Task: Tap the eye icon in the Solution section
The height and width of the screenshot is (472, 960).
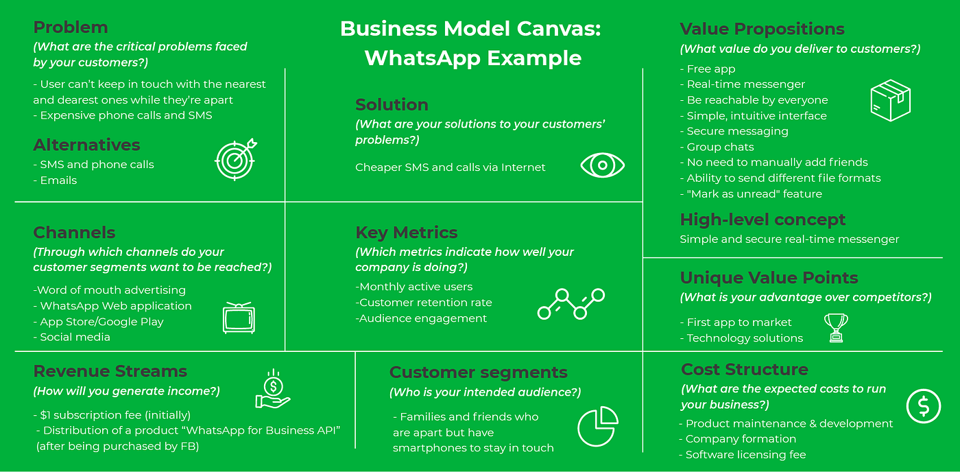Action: pos(603,165)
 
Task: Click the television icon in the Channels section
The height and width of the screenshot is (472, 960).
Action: pos(239,318)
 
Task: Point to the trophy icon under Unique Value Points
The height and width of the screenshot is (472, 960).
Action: pos(835,327)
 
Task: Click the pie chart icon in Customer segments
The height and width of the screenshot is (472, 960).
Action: pos(597,425)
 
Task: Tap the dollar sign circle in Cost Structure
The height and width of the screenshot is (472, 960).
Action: pos(923,406)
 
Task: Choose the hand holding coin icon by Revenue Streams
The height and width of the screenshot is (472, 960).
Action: pos(272,390)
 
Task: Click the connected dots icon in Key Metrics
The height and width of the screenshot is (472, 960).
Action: pos(571,304)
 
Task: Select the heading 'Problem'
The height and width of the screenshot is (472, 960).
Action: pos(71,27)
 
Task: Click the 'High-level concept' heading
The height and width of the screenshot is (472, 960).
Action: pos(763,220)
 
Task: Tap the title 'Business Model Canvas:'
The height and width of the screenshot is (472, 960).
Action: pos(470,29)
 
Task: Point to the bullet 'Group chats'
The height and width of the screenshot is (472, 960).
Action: pos(720,147)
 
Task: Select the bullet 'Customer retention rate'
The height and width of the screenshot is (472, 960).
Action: pos(424,303)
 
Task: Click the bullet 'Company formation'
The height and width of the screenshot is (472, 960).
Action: pos(741,439)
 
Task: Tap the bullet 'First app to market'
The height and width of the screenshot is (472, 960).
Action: pos(739,322)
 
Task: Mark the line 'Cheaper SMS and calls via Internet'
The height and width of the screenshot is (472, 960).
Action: pos(451,167)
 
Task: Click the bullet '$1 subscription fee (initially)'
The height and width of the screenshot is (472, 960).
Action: pos(112,415)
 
